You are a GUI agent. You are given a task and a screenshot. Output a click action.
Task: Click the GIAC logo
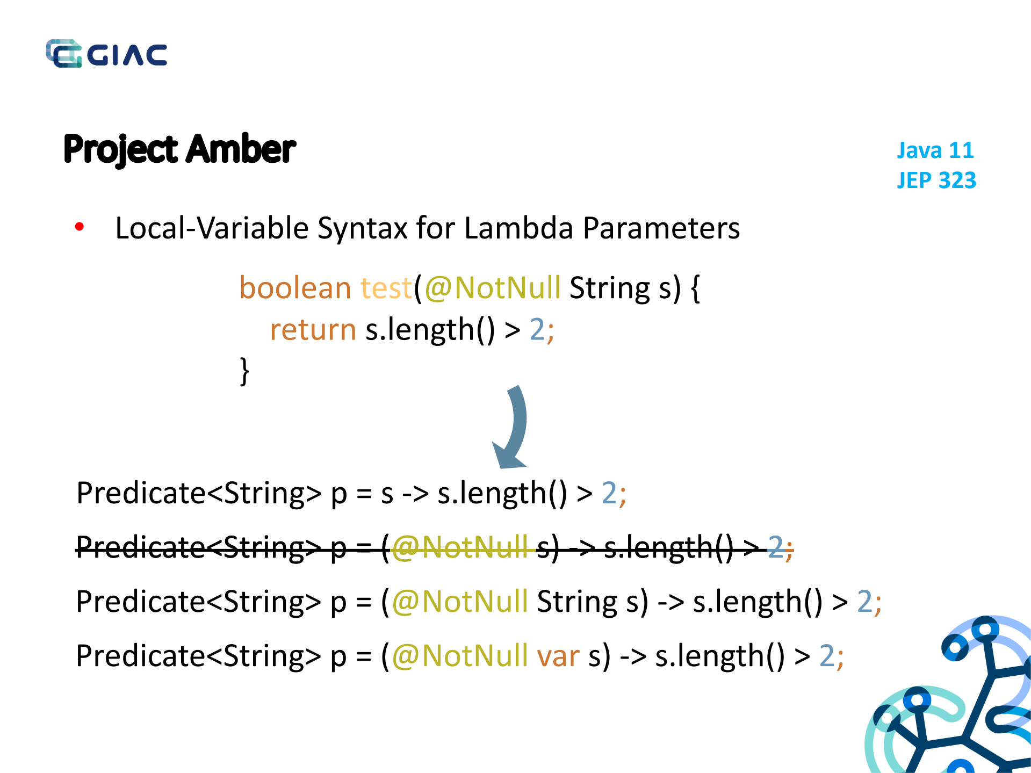tap(106, 54)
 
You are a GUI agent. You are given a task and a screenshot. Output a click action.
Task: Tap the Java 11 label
tap(935, 150)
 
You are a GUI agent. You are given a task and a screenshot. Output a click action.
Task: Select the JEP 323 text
tap(936, 180)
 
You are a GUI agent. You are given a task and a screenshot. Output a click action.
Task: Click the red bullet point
tap(80, 227)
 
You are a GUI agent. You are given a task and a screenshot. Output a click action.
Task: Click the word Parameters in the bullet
tap(661, 228)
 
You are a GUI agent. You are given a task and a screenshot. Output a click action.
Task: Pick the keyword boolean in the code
tap(295, 288)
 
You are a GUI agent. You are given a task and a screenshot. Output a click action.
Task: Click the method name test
tap(386, 288)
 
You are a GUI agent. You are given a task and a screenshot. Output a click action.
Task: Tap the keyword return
tap(313, 329)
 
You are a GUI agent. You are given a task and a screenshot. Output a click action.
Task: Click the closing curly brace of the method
tap(244, 371)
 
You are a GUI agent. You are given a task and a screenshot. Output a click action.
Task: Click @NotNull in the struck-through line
tap(460, 547)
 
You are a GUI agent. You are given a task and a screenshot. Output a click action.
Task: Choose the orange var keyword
tap(558, 656)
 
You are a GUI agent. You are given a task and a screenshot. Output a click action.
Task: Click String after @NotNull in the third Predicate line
tap(577, 602)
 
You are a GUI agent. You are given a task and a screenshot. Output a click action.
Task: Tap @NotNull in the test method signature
tap(493, 288)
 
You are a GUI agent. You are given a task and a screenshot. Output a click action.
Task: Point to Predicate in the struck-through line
tap(141, 547)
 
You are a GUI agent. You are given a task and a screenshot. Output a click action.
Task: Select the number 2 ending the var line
tap(827, 656)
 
